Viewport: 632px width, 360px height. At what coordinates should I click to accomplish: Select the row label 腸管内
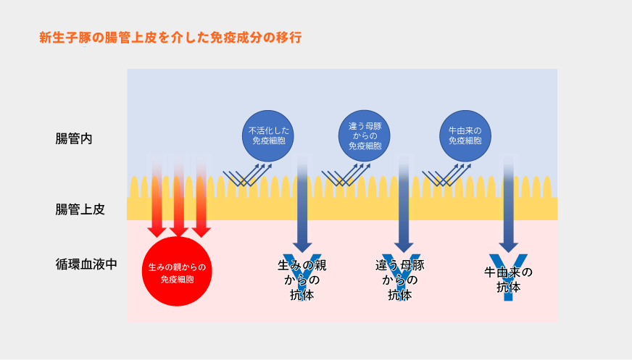coord(74,138)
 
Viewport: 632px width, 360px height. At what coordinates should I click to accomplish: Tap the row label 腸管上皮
coord(80,209)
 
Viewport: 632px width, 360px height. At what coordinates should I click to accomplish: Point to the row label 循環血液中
coord(86,264)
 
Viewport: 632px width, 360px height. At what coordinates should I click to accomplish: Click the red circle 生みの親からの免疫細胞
coord(178,272)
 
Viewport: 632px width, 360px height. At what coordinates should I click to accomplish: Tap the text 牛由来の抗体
coord(508,280)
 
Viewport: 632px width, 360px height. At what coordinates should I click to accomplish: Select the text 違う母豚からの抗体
coord(399,280)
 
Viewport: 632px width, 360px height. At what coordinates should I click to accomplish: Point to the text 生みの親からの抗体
coord(303,280)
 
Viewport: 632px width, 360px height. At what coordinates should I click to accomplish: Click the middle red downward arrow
coord(178,199)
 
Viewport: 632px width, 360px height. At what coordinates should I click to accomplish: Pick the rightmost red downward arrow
coord(201,199)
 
